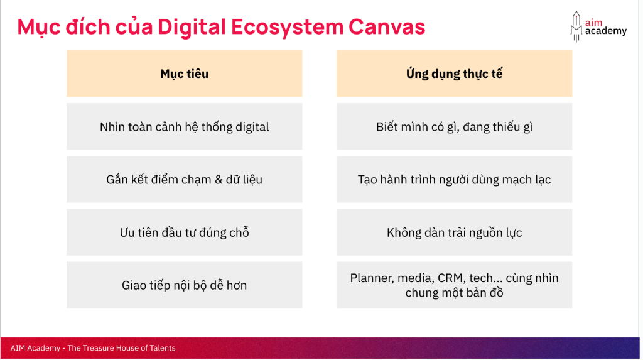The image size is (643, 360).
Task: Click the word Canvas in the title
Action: tap(387, 26)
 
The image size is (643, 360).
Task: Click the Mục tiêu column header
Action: tap(184, 74)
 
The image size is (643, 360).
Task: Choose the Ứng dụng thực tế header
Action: tap(454, 74)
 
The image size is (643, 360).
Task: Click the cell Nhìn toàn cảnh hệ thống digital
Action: tap(184, 126)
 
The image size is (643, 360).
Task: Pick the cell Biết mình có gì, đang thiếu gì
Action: tap(454, 126)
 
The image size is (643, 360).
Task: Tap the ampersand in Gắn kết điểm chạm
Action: tap(219, 180)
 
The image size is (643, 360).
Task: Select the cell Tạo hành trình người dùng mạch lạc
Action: tap(454, 180)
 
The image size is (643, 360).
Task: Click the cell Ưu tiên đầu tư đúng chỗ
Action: tap(184, 232)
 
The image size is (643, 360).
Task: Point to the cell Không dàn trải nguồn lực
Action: tap(454, 232)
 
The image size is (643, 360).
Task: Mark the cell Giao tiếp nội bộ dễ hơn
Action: tap(184, 285)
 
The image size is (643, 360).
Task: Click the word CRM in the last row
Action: tap(450, 278)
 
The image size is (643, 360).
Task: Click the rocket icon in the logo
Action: tap(576, 26)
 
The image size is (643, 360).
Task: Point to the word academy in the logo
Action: tap(606, 31)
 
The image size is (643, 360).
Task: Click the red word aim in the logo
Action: tap(594, 23)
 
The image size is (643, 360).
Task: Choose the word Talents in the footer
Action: tap(163, 348)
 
